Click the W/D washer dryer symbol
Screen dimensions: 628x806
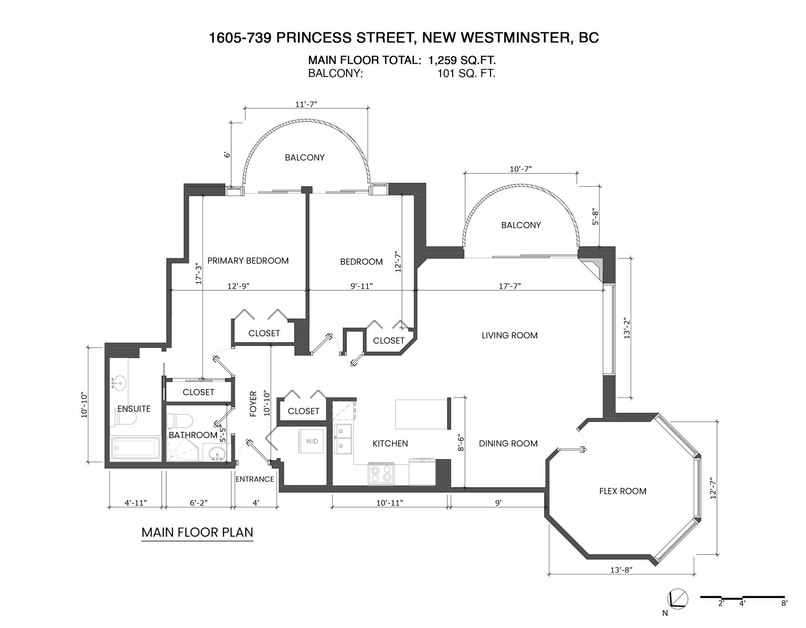click(x=311, y=441)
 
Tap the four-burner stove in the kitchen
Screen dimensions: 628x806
click(x=381, y=474)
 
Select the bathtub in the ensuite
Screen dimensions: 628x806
click(x=136, y=448)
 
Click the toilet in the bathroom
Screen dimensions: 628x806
click(x=180, y=421)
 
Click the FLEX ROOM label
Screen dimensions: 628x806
click(x=623, y=491)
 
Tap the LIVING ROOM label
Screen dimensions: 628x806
click(x=509, y=335)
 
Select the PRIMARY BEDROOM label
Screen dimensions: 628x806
click(x=248, y=261)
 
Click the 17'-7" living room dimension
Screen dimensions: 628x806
click(x=509, y=286)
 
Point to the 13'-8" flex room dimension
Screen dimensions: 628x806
click(x=621, y=570)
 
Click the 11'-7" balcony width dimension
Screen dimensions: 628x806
click(x=306, y=104)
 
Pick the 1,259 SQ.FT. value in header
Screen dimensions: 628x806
click(x=462, y=60)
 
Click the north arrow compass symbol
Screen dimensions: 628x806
click(x=677, y=599)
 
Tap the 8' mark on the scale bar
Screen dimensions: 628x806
click(x=784, y=603)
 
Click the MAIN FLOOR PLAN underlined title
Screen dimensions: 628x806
click(x=197, y=532)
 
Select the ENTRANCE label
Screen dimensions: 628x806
click(x=255, y=479)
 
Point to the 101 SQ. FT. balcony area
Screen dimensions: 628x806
click(x=466, y=74)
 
